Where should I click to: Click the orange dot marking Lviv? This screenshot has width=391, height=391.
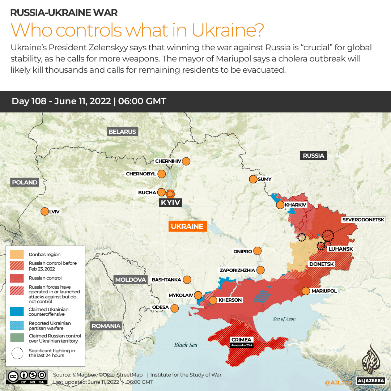point(45,212)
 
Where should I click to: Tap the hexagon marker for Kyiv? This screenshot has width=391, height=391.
point(170,194)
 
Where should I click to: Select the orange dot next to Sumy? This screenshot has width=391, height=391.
point(252,179)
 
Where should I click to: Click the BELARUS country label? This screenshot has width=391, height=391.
point(122,132)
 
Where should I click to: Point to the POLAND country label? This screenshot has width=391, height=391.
point(25,182)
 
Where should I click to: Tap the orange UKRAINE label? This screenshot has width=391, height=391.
point(187,226)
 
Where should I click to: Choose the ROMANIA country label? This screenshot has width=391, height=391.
point(106,326)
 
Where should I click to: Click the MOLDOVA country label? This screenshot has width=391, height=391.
point(131,280)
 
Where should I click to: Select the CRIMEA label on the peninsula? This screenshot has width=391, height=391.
point(242,340)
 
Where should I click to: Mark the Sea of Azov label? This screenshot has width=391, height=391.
point(284,319)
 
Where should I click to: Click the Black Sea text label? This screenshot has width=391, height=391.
point(186,345)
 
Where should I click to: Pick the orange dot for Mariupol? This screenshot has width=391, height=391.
point(306,291)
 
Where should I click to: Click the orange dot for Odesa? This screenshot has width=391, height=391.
point(175,308)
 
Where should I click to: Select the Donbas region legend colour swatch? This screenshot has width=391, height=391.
point(17,254)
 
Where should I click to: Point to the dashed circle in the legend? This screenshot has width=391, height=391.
point(17,353)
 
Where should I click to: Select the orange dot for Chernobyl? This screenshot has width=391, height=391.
point(161,174)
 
